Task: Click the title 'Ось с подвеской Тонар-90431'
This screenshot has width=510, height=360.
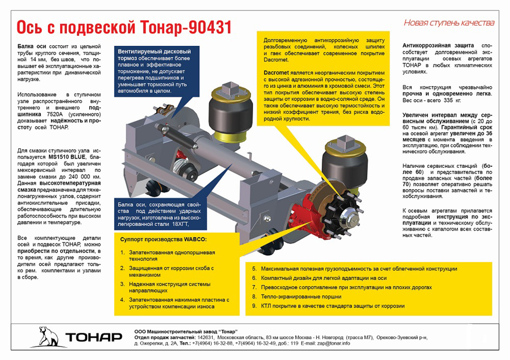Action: coord(124,27)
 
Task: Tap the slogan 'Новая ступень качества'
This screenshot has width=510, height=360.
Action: coord(449,23)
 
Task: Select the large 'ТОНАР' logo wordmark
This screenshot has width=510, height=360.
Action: coord(94,337)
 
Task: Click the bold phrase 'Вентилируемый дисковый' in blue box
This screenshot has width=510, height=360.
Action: coord(154,52)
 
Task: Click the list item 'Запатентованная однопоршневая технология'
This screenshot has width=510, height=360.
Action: coord(172,256)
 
